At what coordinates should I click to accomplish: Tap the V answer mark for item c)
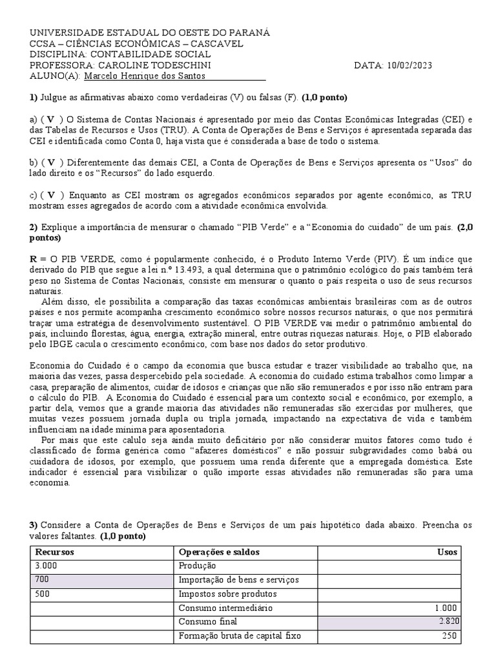point(50,196)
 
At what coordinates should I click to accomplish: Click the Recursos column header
point(55,552)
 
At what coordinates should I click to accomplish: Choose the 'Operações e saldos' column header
point(214,552)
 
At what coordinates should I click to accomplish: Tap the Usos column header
point(447,552)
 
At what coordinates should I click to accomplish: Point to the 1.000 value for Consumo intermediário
point(445,608)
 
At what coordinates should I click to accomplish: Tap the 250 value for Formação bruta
point(449,636)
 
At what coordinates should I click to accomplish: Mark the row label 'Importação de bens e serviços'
point(238,580)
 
